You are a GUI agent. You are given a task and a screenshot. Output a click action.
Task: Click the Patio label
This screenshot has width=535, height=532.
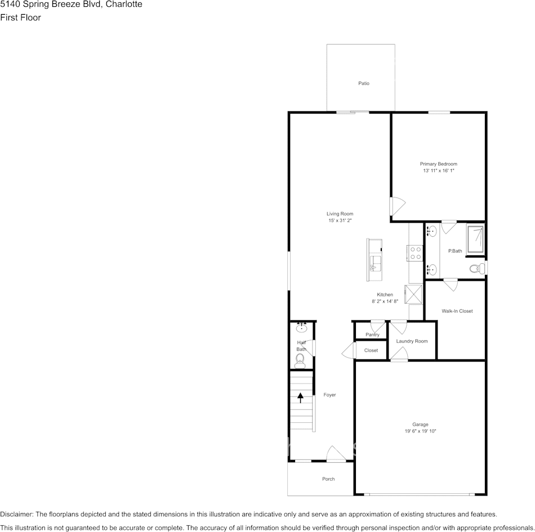364,83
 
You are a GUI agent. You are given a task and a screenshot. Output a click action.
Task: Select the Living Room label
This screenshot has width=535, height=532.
340,214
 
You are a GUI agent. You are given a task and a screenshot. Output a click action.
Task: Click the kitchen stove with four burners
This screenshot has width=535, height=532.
415,253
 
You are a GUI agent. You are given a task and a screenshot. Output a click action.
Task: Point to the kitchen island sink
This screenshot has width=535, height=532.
375,262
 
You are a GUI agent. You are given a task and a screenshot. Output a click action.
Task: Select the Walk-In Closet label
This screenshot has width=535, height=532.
457,311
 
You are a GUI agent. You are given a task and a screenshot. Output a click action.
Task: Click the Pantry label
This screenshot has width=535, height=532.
372,335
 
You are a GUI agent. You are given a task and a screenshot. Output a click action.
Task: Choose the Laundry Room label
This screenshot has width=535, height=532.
412,341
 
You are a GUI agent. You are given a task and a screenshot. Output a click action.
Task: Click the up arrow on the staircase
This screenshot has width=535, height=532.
301,398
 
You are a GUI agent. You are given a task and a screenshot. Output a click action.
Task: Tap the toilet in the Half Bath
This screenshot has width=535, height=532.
300,359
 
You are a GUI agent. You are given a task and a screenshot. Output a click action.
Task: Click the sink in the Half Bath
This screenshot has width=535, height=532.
301,328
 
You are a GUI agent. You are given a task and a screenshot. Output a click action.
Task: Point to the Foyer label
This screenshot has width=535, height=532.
329,395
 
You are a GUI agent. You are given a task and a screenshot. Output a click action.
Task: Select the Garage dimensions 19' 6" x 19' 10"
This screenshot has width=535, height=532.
420,431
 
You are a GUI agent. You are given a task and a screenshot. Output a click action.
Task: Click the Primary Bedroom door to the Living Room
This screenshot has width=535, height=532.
396,206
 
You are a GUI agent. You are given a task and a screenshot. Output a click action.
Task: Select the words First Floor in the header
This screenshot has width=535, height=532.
20,17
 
